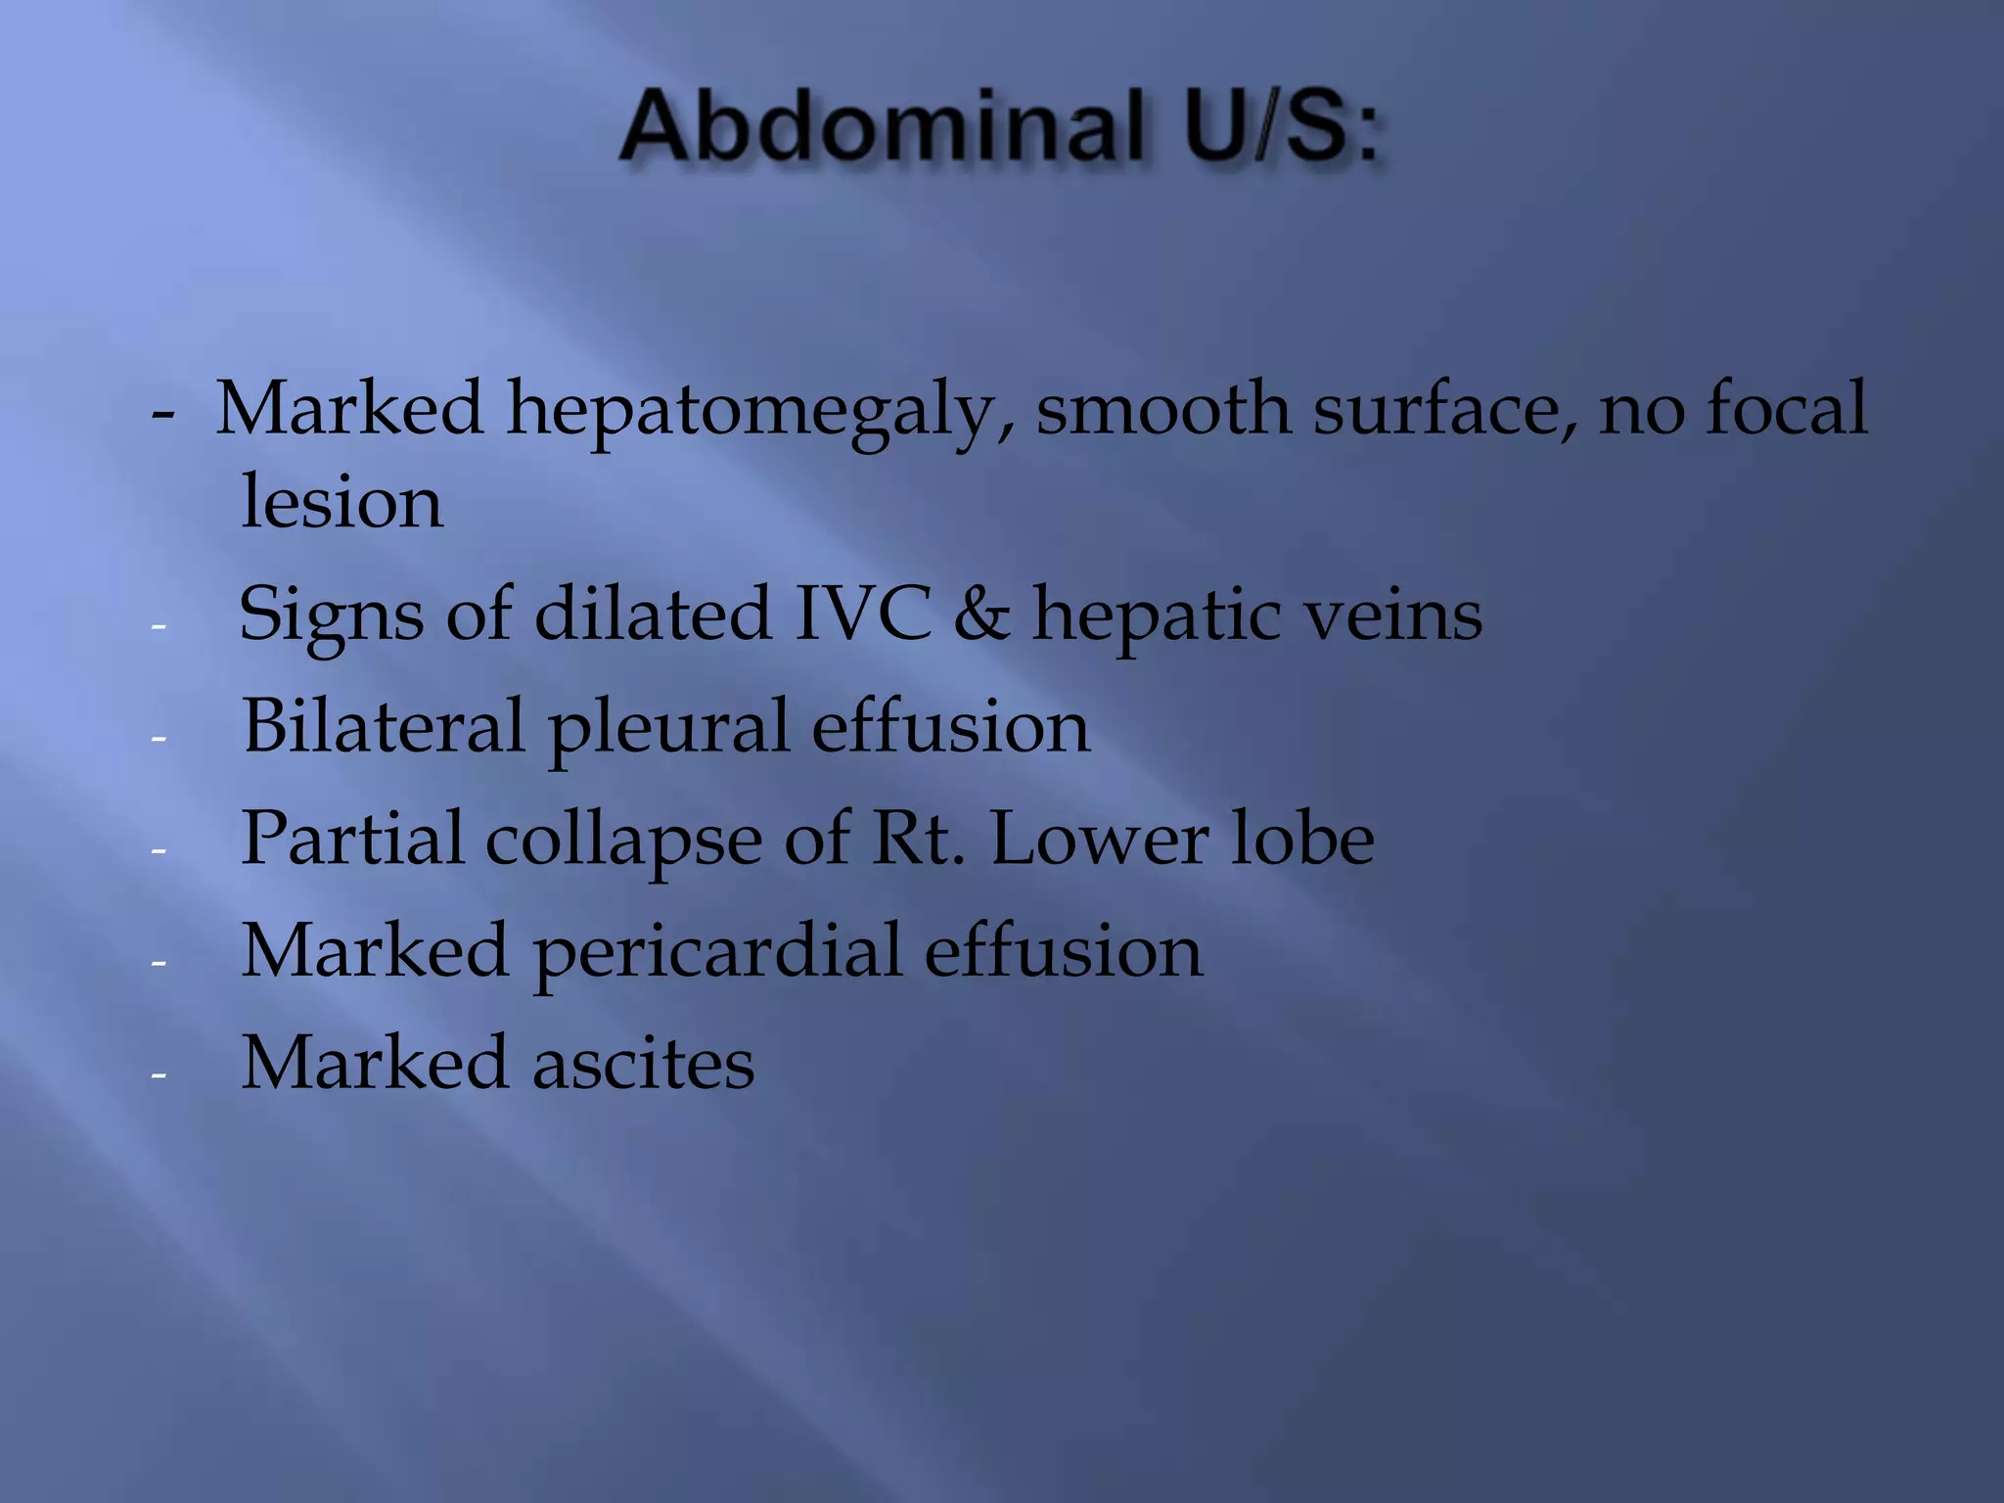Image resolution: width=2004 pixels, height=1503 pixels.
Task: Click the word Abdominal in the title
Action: [883, 127]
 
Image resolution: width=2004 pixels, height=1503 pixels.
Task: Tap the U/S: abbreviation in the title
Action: [1281, 127]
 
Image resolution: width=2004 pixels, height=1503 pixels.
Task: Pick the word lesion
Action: [342, 501]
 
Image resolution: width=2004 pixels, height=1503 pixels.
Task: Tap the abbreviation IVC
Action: [862, 615]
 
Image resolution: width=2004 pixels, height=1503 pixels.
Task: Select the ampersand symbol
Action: [981, 615]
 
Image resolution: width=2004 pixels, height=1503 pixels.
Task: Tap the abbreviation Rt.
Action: [917, 839]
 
